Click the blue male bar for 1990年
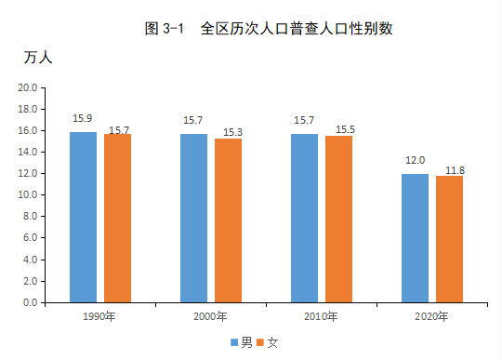coord(84,217)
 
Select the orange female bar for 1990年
coord(117,218)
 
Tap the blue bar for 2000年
coord(193,218)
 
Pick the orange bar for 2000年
coord(229,220)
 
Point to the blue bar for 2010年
coord(305,218)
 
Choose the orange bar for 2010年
coord(338,220)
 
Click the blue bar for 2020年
coord(415,238)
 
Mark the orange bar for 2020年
coord(450,239)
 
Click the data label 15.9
coord(83,118)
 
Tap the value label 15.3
coord(232,132)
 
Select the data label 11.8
coord(455,170)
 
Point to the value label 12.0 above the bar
coord(416,160)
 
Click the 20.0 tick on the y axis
coord(28,87)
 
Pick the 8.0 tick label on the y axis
coord(30,216)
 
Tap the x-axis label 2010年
coord(321,317)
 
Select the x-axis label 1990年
coord(99,317)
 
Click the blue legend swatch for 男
coord(234,342)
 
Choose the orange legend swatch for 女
coord(260,342)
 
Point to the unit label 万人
coord(38,58)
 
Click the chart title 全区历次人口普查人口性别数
coord(297,29)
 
